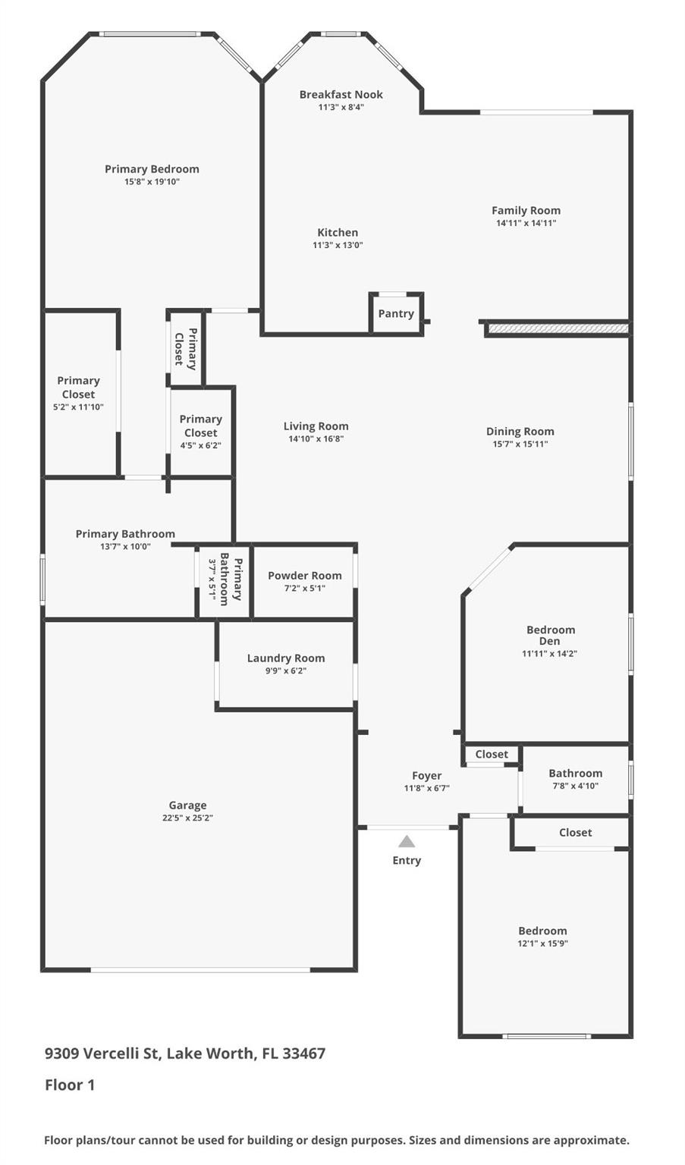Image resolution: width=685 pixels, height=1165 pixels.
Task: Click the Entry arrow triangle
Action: coord(407,841)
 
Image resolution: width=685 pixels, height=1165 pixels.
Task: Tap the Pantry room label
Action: coord(396,313)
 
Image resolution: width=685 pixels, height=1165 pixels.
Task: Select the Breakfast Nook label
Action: coord(341,94)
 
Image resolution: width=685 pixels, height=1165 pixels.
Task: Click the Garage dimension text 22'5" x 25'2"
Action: coord(187,818)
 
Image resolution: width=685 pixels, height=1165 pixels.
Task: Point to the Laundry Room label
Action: coord(285,658)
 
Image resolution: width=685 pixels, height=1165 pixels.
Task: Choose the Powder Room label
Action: coord(304,576)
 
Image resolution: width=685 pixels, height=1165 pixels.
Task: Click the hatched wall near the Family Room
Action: coord(558,328)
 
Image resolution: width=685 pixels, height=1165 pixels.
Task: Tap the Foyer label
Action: coord(426,775)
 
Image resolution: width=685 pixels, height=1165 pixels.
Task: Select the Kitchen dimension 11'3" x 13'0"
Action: coord(338,245)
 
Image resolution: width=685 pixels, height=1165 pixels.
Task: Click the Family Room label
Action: coord(526,210)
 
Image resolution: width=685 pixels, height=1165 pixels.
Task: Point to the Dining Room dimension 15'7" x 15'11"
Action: coord(520,444)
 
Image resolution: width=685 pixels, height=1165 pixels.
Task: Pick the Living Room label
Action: coord(316,426)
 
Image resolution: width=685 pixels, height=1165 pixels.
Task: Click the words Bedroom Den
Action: coord(550,636)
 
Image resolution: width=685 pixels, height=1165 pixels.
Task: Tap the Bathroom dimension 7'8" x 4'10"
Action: coord(575,786)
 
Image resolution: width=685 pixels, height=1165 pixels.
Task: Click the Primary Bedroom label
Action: coord(152,169)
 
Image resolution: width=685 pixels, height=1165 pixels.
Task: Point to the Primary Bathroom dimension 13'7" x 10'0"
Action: coord(125,546)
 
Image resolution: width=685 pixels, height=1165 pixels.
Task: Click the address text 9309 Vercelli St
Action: coord(102,1054)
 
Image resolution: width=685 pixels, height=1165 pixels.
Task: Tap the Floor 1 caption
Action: coord(70,1085)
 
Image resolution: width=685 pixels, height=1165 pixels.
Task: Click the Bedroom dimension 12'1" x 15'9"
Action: coord(542,944)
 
